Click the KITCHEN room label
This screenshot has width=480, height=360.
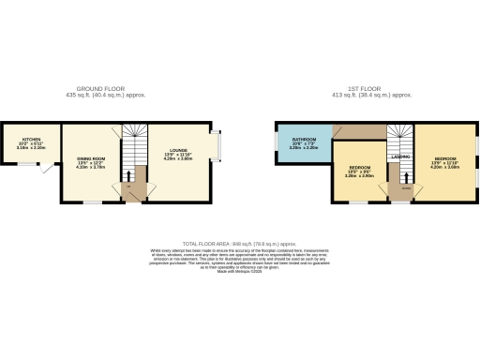coord(31,139)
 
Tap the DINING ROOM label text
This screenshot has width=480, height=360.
coord(90,159)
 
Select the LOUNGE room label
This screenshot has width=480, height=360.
coord(178,150)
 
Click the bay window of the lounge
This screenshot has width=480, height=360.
coord(217,145)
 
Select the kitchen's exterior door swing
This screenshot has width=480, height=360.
coord(45,169)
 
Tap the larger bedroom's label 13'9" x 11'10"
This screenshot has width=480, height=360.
coord(445,164)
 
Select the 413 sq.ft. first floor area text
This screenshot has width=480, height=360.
coord(372,96)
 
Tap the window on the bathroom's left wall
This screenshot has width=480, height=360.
coord(276,142)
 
